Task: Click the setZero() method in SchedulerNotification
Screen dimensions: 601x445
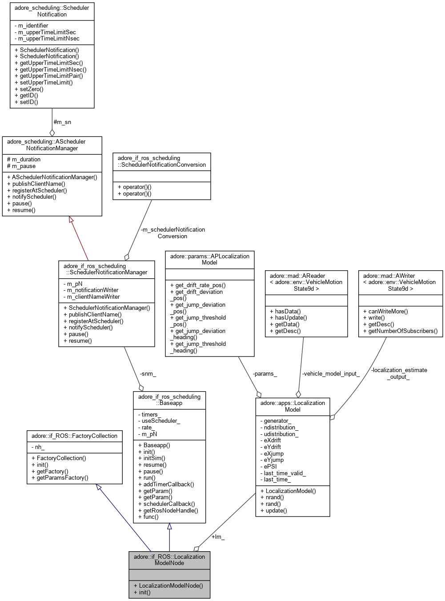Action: (32, 89)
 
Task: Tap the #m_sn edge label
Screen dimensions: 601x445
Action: (62, 122)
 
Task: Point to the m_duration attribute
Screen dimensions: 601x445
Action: (26, 159)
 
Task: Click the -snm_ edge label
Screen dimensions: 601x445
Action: (148, 374)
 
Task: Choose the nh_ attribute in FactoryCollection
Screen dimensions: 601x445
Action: (40, 447)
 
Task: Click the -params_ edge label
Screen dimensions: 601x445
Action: (265, 374)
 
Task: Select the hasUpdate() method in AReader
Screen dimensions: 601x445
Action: (289, 317)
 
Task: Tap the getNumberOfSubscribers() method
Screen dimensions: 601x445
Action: (400, 331)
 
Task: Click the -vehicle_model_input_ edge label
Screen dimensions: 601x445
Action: (331, 374)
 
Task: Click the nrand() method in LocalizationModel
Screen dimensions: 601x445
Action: (272, 497)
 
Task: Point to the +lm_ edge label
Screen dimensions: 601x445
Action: (218, 537)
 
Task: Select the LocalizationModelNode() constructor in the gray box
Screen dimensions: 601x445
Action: (168, 585)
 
